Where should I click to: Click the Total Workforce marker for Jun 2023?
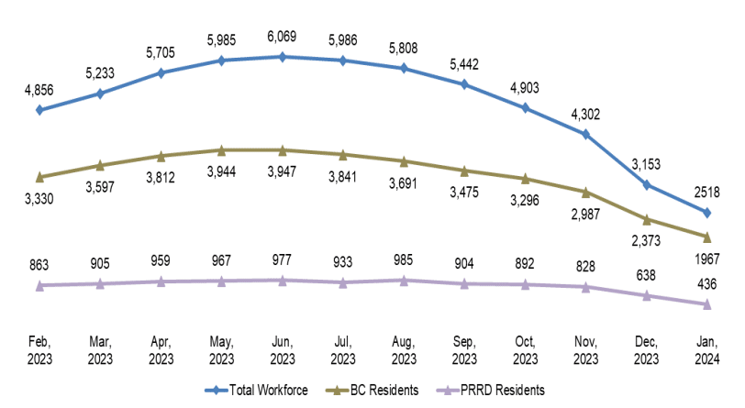283,57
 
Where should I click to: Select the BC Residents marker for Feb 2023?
39,176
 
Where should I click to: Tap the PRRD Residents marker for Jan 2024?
707,304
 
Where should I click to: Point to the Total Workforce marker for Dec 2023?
647,185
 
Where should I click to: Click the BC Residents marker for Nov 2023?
586,192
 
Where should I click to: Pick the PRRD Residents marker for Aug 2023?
404,281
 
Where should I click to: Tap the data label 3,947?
283,171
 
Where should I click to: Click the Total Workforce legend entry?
256,391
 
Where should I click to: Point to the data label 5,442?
464,66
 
